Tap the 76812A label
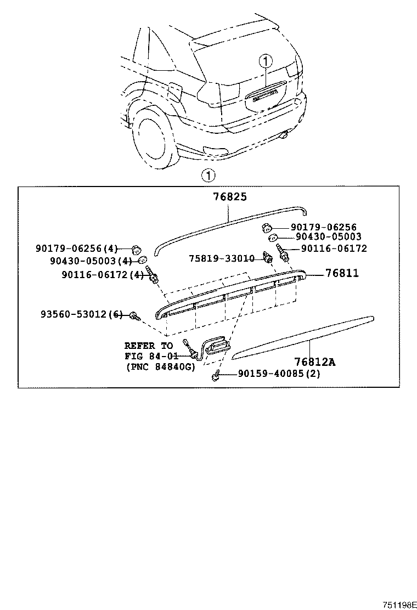314,362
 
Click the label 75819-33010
222,258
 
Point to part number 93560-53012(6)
82,314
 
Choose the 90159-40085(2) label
279,374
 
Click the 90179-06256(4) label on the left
77,248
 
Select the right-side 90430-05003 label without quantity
328,237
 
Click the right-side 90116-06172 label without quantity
334,248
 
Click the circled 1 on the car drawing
266,60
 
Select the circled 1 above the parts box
208,176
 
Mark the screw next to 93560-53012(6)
134,315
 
